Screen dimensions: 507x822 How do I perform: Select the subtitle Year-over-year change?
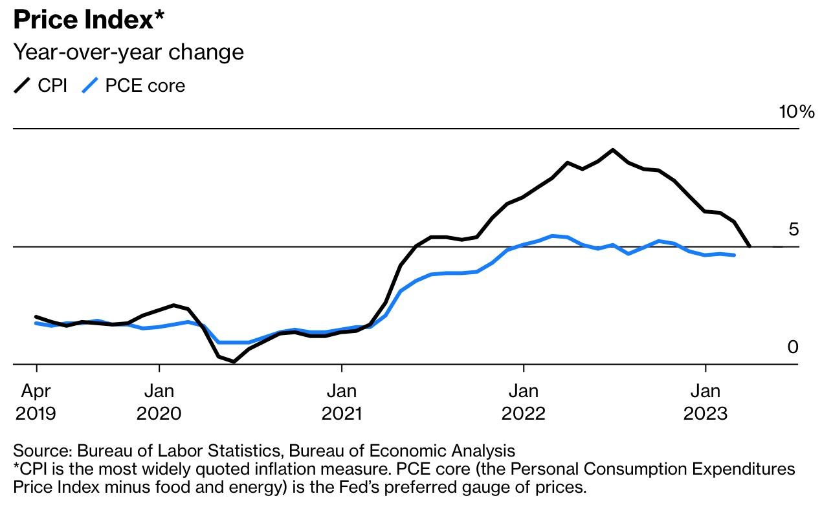[129, 52]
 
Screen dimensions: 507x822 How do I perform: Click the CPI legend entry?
[52, 85]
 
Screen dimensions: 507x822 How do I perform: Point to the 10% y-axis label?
[796, 112]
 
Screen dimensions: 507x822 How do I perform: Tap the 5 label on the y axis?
[793, 230]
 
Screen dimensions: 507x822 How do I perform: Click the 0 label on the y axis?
[793, 347]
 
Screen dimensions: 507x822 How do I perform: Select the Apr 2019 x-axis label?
[36, 402]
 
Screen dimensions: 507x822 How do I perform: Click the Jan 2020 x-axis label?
[159, 402]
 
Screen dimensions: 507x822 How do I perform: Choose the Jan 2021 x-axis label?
[341, 402]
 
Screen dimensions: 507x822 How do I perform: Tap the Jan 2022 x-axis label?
[523, 402]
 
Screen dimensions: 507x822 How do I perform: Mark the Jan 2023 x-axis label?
[705, 402]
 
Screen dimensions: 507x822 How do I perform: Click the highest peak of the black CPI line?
[612, 150]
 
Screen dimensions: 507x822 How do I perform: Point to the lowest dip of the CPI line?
[233, 361]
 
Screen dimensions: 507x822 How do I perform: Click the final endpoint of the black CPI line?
[750, 246]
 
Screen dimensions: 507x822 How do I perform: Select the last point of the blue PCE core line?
[734, 255]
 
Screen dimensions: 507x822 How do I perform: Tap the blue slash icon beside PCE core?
[89, 85]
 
